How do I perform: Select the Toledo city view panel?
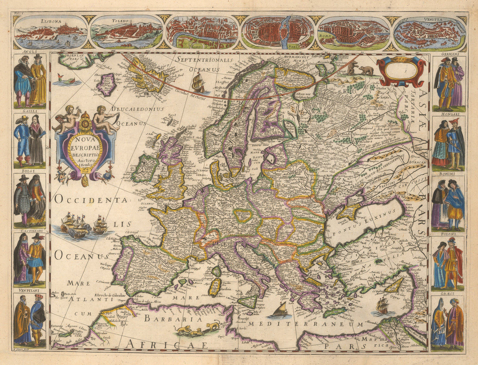coord(127,32)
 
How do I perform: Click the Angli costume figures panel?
coord(30,81)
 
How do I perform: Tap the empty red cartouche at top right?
coord(401,70)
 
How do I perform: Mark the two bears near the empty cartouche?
coord(360,69)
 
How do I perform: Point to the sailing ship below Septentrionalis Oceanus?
coord(199,83)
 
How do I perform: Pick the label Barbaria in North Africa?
coord(173,319)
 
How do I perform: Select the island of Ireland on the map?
coord(145,167)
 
